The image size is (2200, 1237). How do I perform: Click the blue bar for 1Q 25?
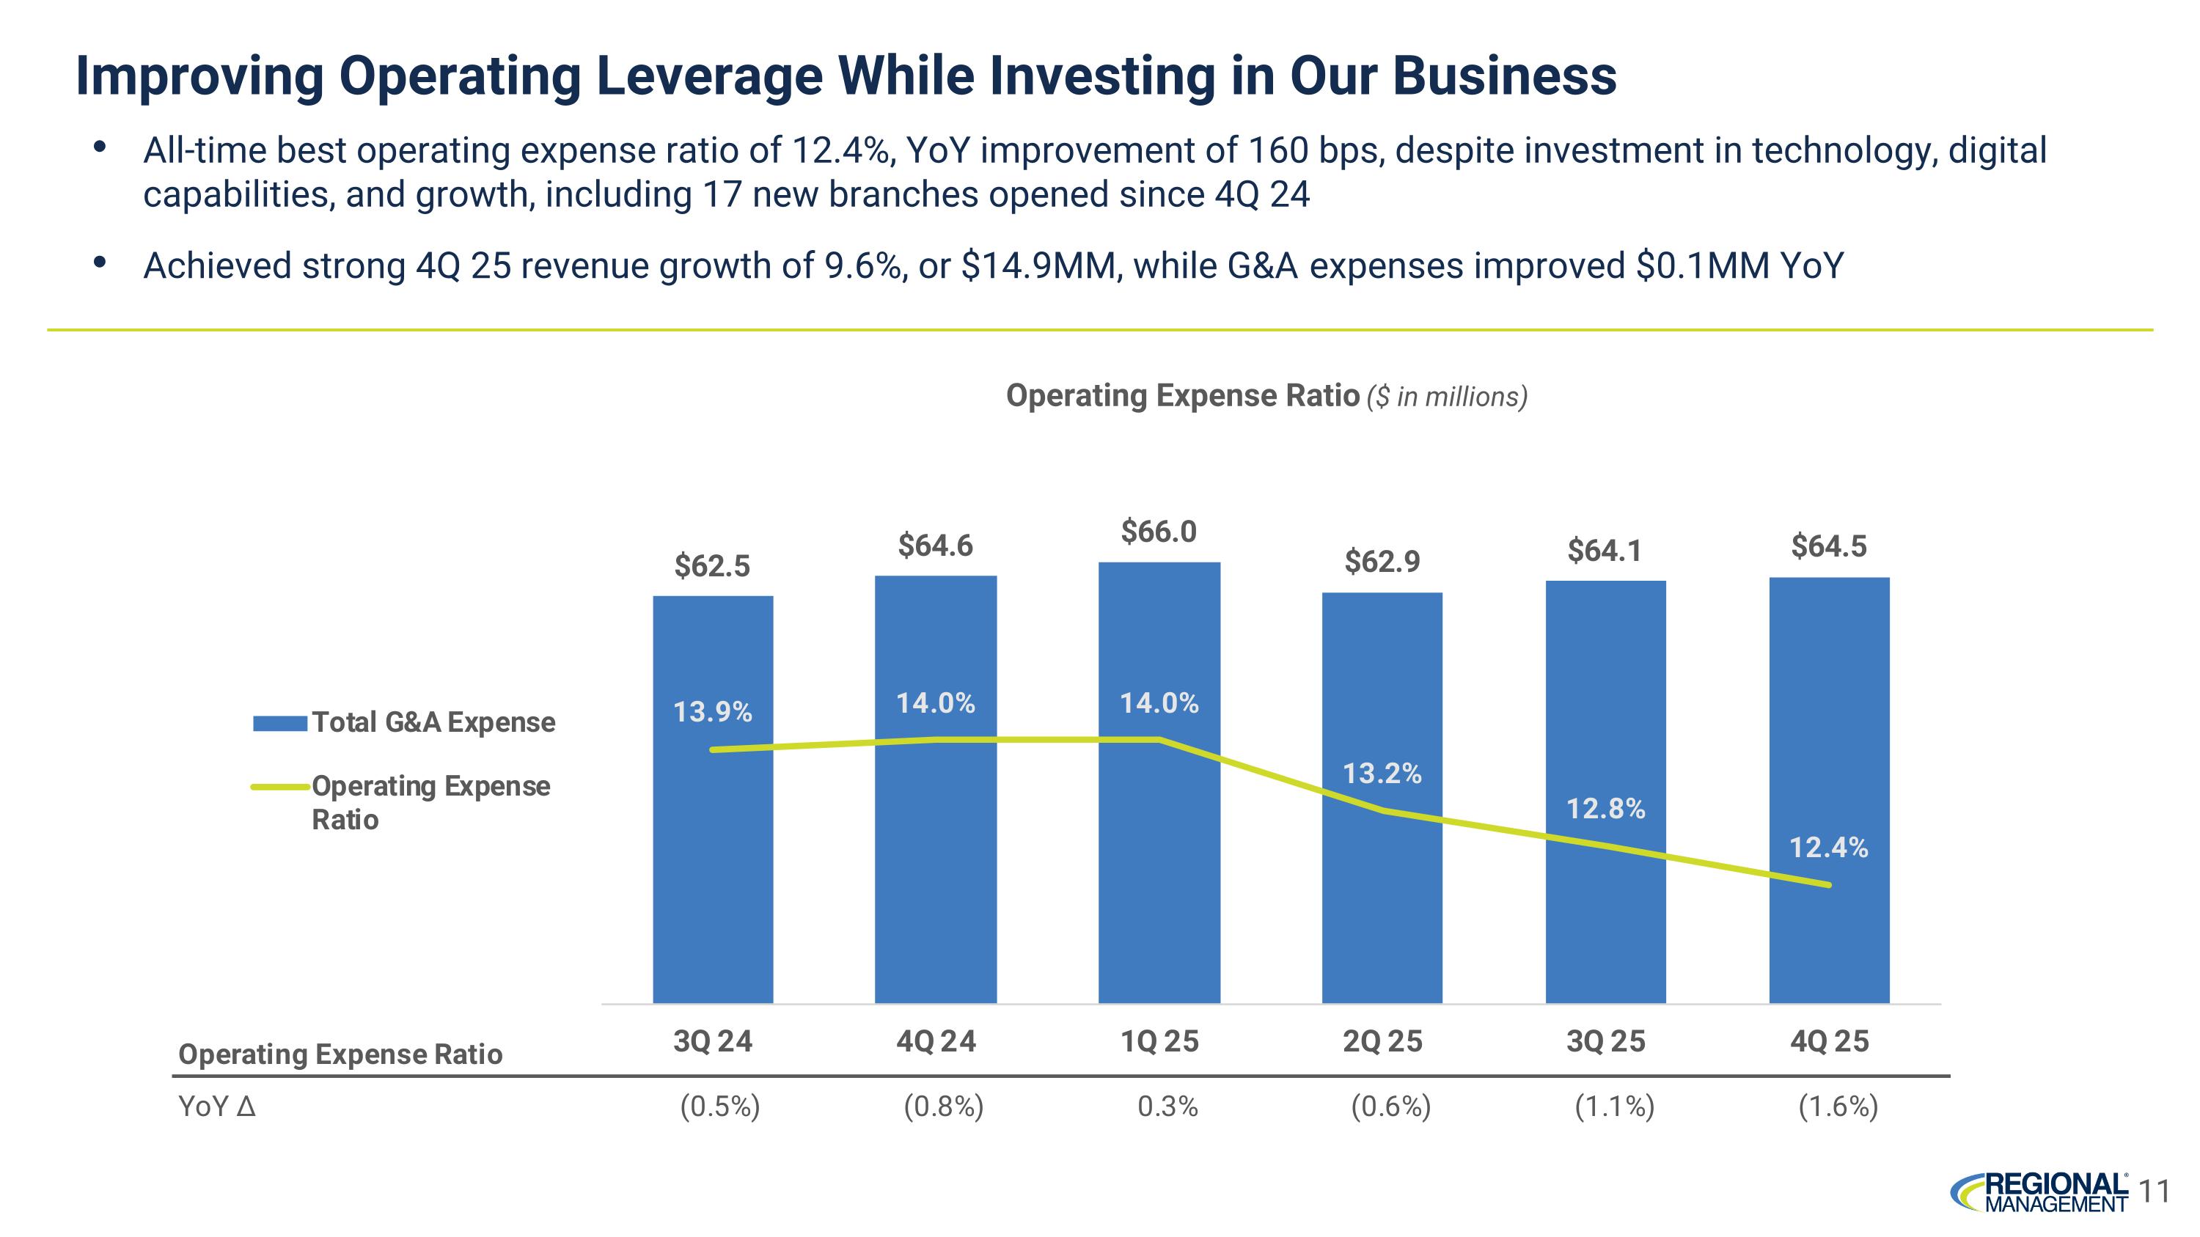click(x=1159, y=854)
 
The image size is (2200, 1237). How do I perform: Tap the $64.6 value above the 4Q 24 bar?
click(x=935, y=546)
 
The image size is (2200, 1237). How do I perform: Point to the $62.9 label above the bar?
click(x=1382, y=562)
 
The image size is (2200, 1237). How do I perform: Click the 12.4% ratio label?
click(x=1828, y=848)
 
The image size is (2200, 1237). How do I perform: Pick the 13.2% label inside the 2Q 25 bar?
click(x=1382, y=774)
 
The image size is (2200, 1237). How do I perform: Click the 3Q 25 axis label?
click(x=1605, y=1041)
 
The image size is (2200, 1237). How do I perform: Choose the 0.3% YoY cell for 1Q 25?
click(x=1167, y=1107)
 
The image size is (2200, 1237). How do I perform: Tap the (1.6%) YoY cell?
click(x=1838, y=1107)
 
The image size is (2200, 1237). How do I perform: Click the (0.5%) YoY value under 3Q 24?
click(x=720, y=1107)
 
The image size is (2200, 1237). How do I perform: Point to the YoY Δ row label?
click(x=217, y=1107)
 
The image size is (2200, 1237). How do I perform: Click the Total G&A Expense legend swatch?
click(x=280, y=723)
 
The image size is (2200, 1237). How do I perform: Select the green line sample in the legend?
click(x=280, y=786)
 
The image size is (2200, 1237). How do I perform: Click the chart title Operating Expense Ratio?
click(x=1182, y=396)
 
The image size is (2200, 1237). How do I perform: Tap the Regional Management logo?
click(x=2040, y=1216)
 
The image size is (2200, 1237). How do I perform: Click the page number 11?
click(x=2155, y=1216)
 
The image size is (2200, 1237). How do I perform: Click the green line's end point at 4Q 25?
click(x=1828, y=884)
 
